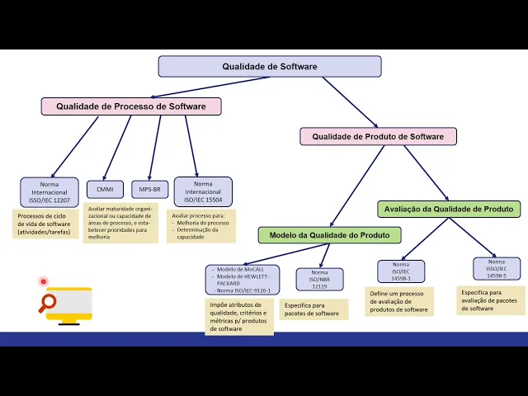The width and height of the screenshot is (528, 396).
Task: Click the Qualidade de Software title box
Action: click(269, 67)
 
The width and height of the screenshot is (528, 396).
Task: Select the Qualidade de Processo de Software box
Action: click(131, 106)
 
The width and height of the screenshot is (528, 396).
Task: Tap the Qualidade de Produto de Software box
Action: click(378, 136)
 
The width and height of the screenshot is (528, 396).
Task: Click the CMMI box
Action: click(105, 189)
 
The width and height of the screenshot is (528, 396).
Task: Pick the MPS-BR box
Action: click(149, 189)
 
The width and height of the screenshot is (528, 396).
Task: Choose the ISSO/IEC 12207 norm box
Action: click(49, 191)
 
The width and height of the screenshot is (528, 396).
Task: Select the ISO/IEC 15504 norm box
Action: click(203, 191)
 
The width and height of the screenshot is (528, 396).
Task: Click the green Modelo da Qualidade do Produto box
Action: click(329, 235)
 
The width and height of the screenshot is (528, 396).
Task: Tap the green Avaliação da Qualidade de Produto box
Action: click(449, 209)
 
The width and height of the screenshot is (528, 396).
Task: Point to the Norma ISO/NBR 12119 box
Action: click(319, 279)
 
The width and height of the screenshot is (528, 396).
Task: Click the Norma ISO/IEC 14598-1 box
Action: click(401, 271)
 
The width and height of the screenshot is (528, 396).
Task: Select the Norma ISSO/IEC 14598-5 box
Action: click(497, 268)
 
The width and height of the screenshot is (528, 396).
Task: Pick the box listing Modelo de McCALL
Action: click(243, 280)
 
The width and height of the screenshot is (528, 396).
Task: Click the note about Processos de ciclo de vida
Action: click(46, 224)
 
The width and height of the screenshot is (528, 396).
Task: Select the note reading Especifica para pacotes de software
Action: click(313, 309)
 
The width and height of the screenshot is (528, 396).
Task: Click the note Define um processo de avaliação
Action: click(399, 301)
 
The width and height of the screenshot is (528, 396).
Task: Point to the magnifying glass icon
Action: click(48, 303)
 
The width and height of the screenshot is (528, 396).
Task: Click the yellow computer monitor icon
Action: click(71, 304)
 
